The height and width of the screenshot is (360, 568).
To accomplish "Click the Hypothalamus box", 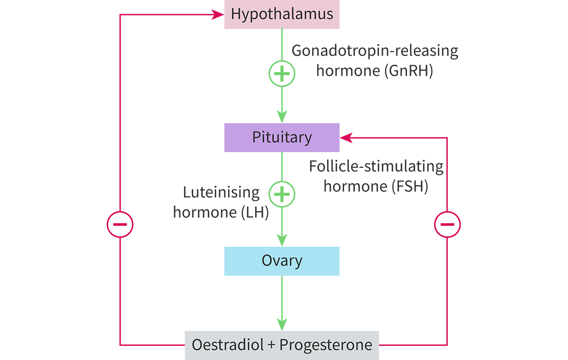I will coord(282,14).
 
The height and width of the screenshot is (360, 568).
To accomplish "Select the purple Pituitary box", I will coord(282,137).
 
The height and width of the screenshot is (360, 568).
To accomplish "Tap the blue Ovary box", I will coord(282,261).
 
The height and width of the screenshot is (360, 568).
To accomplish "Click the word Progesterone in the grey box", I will coord(326,345).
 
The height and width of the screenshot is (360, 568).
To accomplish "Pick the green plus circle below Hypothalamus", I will coord(282,74).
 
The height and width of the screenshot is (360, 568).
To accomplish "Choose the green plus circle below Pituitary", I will coord(282,194).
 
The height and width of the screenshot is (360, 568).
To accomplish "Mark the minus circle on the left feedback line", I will coord(120,224).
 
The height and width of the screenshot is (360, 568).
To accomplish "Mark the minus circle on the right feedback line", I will coord(447,224).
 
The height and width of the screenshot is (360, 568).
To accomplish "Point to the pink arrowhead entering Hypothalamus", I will coord(219,15).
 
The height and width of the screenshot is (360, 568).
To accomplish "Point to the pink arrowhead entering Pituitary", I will coord(346,138).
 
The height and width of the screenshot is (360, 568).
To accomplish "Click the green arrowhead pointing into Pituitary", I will coord(282,117).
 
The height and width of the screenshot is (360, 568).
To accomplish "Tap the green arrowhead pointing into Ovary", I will coord(282,240).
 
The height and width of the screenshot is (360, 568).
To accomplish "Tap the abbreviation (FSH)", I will coord(410,186).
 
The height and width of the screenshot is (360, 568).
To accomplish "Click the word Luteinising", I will coord(221,192).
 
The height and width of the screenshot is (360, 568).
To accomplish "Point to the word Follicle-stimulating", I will coord(376,167).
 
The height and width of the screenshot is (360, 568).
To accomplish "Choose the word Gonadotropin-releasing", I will coord(375,51).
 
